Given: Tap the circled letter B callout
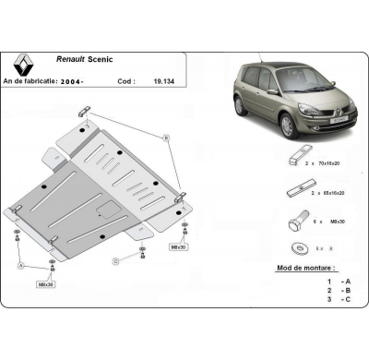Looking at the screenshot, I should tap(166, 138).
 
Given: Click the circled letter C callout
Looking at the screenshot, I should tap(117, 262).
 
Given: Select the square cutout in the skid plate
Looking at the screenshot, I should tap(108, 210).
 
